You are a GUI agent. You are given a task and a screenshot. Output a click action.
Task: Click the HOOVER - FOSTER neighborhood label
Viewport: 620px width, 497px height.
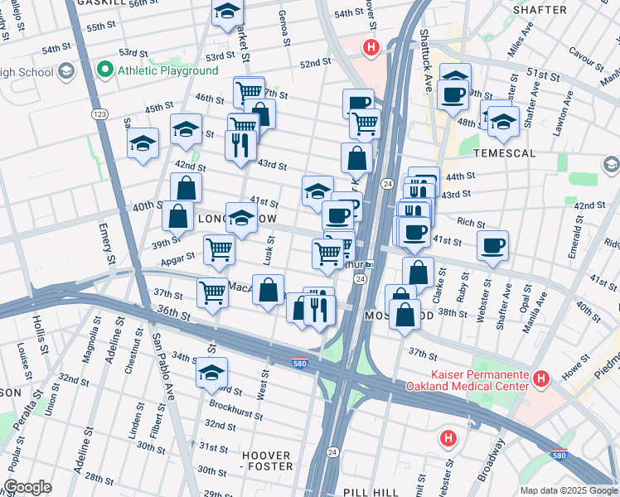coord(267,461)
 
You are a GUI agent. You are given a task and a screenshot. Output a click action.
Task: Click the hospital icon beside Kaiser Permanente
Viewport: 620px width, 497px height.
coord(541,379)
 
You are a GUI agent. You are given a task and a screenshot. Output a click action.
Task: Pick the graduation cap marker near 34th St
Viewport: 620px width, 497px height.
coord(211,371)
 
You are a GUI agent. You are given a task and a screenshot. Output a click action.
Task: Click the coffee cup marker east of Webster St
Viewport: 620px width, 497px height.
coord(492,244)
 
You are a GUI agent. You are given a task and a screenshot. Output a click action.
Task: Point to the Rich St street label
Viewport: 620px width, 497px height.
coord(470,223)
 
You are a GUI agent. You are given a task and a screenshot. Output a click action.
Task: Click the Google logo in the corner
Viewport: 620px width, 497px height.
coord(27,487)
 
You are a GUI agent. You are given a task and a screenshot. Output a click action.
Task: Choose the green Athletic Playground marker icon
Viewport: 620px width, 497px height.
coord(105,70)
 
